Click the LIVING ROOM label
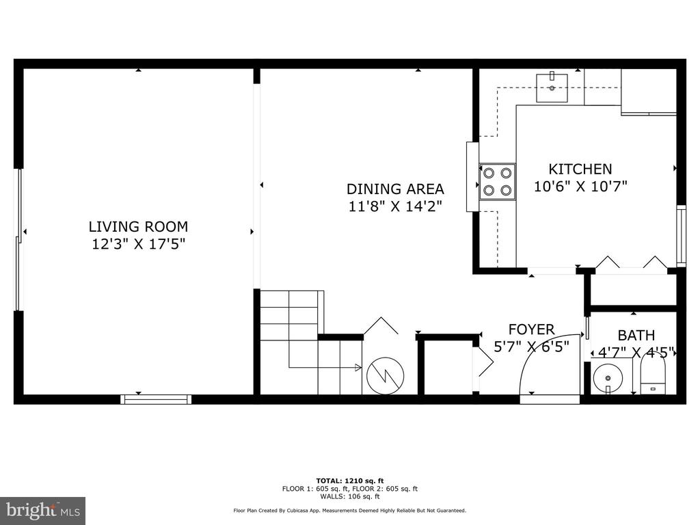click(x=138, y=227)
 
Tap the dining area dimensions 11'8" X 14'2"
click(x=395, y=206)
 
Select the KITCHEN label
click(x=580, y=170)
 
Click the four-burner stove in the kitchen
click(x=498, y=181)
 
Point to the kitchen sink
click(x=552, y=88)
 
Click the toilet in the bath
click(x=653, y=373)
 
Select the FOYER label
click(x=531, y=329)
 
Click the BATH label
click(x=636, y=335)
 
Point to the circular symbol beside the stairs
click(x=386, y=375)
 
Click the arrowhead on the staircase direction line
click(x=358, y=367)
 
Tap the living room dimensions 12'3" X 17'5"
click(x=138, y=244)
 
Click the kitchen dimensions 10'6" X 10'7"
click(x=580, y=186)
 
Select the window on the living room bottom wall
click(x=157, y=399)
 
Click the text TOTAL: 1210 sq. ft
click(x=350, y=481)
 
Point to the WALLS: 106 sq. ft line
click(x=350, y=496)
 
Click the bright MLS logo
click(x=43, y=509)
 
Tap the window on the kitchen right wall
click(x=681, y=236)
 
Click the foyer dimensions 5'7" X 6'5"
click(x=531, y=347)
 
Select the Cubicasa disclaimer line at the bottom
click(x=349, y=510)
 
